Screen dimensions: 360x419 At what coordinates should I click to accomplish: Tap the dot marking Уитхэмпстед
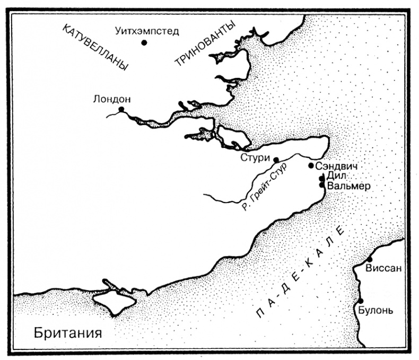click(144, 42)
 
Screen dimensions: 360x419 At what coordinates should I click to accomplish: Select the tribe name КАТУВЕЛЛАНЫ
click(95, 48)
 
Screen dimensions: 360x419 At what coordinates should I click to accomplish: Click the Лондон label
click(111, 99)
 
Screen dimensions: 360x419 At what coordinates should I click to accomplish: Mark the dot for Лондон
click(121, 109)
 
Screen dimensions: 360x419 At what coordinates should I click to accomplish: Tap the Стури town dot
click(275, 159)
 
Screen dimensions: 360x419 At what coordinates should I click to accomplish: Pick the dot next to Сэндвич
click(311, 165)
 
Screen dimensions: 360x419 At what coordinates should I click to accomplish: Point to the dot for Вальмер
click(322, 185)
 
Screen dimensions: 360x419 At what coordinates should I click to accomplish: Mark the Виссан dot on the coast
click(369, 259)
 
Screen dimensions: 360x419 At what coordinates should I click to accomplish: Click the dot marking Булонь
click(361, 301)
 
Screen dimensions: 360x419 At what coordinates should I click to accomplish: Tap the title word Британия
click(67, 333)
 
